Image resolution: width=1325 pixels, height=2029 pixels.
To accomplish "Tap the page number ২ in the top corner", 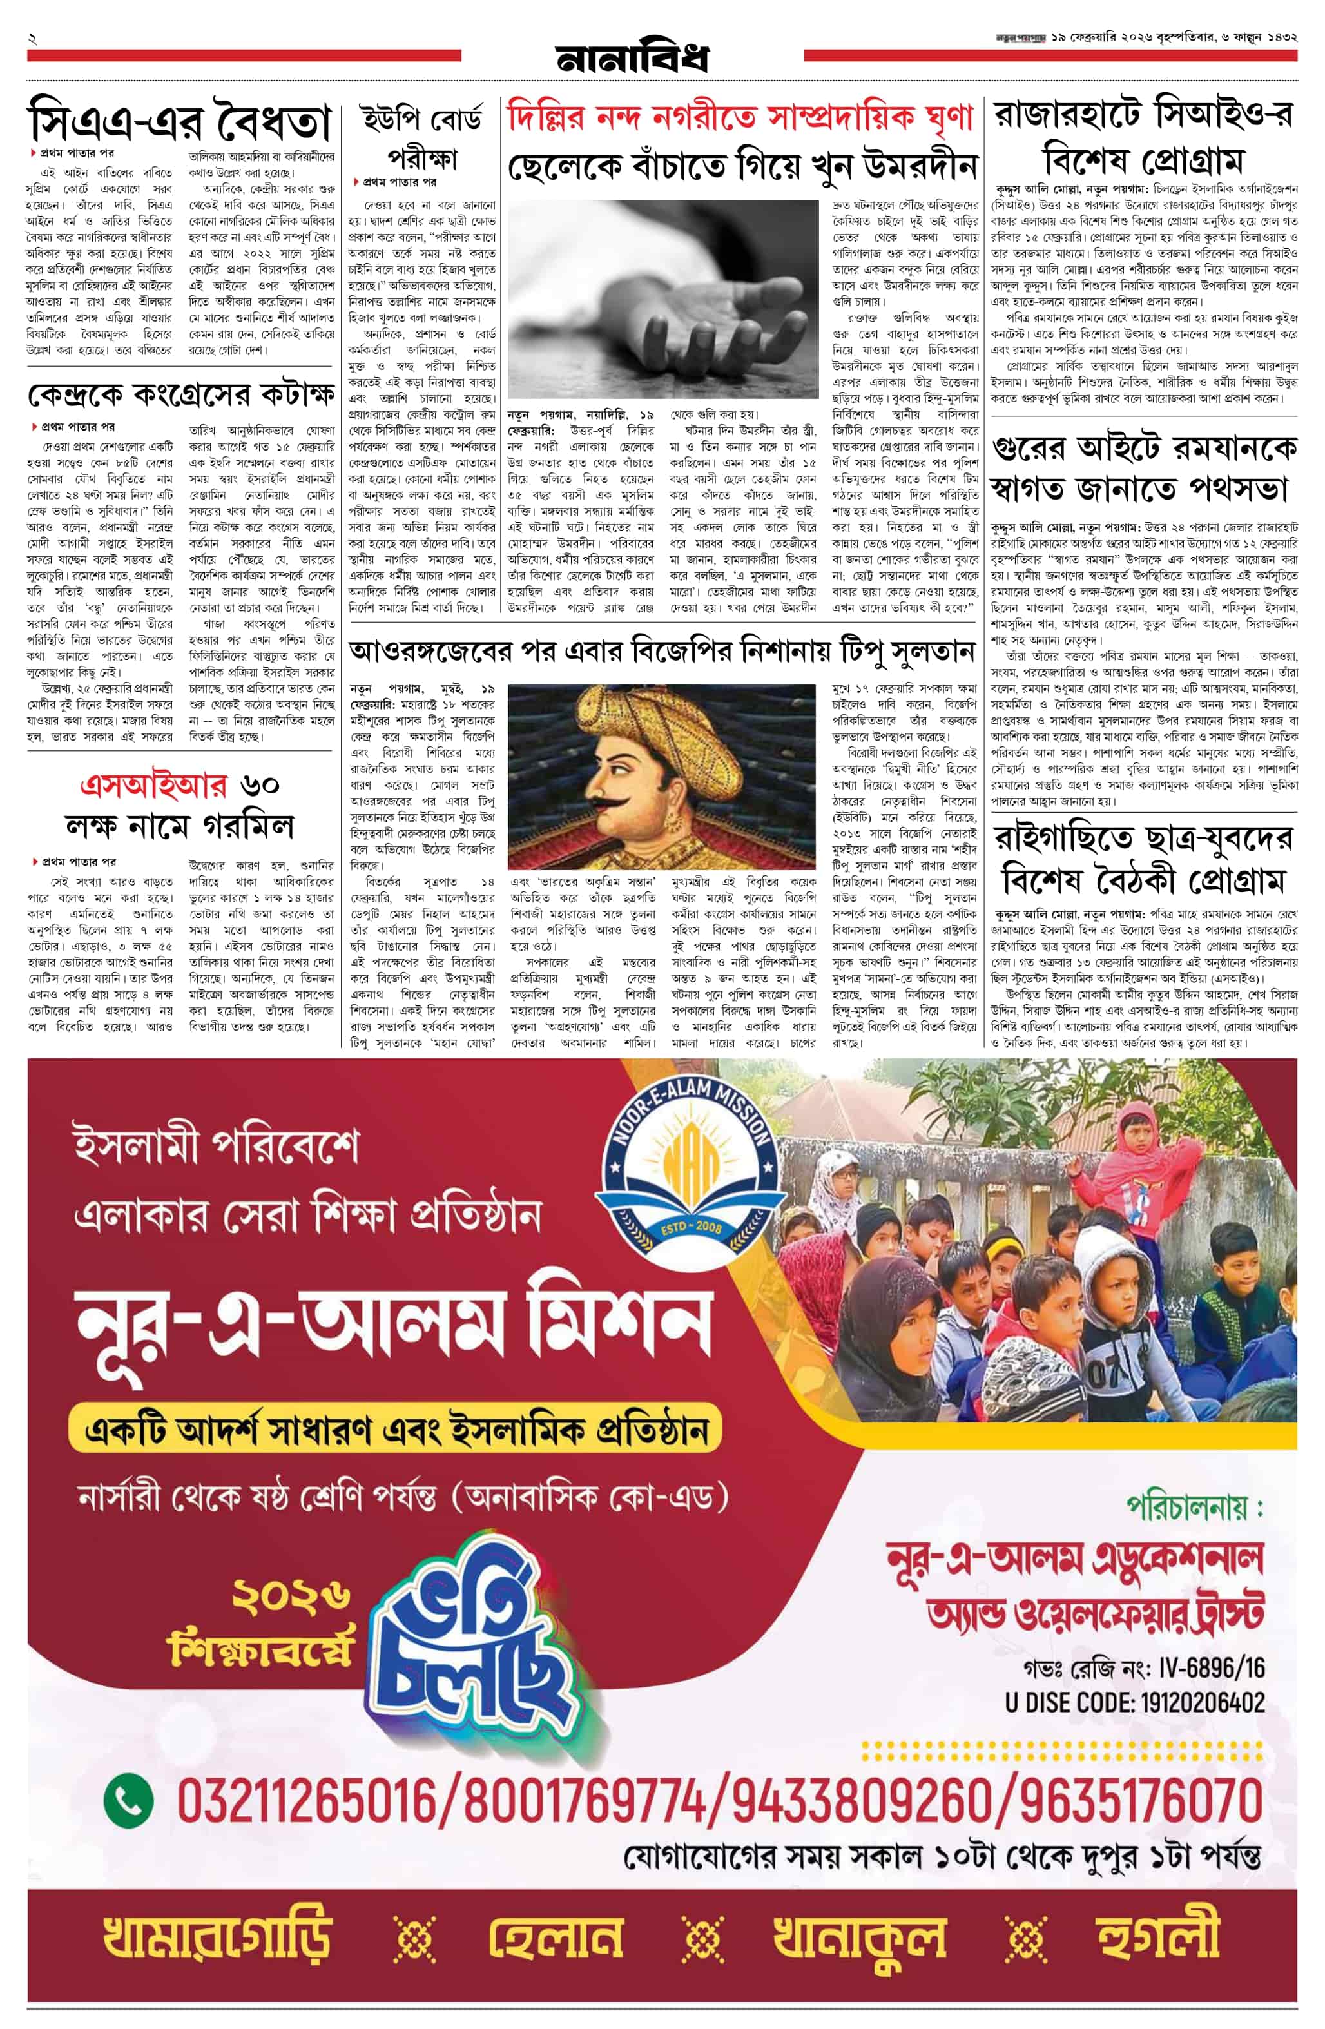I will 32,39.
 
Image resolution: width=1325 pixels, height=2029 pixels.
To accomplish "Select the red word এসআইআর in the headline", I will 153,784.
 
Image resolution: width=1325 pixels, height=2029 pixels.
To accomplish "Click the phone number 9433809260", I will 864,1801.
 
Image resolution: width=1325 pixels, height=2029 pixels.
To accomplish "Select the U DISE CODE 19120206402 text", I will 1134,1702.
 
